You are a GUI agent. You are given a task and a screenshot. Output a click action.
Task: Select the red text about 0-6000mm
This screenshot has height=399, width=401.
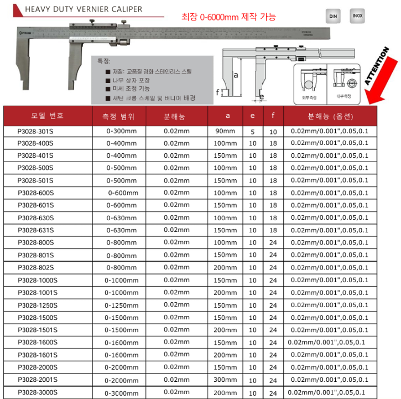click(x=228, y=17)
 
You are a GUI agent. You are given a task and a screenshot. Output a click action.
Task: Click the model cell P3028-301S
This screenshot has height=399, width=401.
click(x=35, y=131)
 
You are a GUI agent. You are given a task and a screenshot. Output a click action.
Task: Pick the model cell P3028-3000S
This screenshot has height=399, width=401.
click(x=38, y=392)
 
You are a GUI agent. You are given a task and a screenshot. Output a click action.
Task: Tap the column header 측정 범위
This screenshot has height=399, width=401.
click(x=122, y=117)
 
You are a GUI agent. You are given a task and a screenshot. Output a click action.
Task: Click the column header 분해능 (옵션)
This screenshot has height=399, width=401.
click(x=330, y=117)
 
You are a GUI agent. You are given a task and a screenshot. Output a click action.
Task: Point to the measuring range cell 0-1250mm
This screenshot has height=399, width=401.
click(x=122, y=305)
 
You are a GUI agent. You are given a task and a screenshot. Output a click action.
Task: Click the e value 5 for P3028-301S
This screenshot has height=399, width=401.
click(x=253, y=132)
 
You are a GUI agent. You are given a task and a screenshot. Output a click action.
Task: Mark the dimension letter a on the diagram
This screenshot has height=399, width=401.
click(x=236, y=74)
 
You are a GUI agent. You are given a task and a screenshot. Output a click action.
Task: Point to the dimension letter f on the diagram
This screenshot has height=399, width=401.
click(x=217, y=93)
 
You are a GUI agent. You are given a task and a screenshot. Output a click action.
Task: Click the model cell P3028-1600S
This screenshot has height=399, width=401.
click(x=38, y=342)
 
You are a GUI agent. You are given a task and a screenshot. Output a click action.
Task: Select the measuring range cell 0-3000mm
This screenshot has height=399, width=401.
click(x=122, y=392)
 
